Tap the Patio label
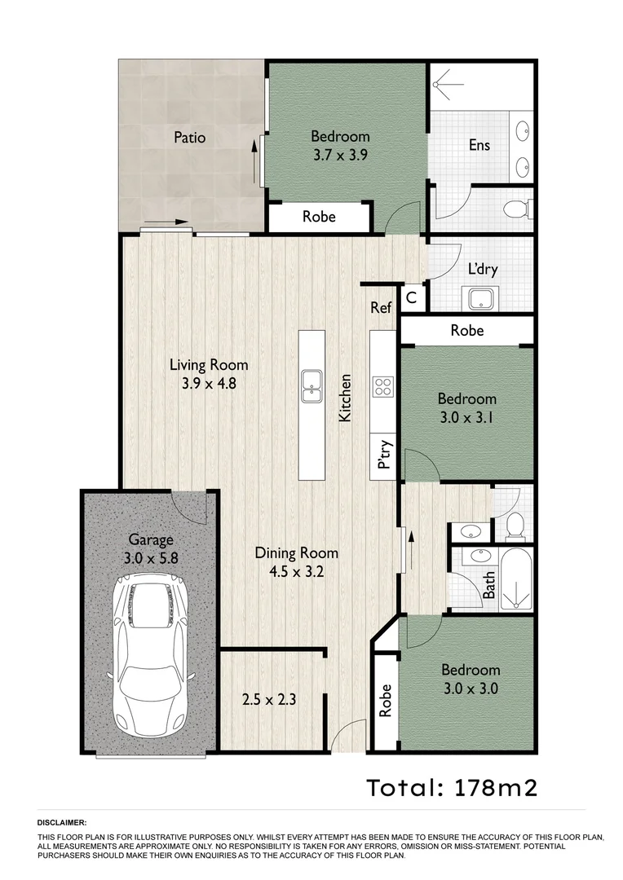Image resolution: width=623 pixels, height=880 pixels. point(189,137)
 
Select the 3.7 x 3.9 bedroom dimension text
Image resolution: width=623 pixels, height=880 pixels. point(340,155)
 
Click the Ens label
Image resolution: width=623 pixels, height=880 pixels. point(479,145)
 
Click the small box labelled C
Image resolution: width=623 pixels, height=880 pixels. point(412,298)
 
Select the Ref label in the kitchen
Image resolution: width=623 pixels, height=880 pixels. point(381,308)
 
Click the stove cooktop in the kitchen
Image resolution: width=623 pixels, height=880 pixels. point(382,386)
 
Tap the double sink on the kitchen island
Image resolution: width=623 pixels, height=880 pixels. point(311,385)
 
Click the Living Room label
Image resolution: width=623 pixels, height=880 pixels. point(209,365)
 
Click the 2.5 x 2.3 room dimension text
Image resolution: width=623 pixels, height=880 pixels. point(268,699)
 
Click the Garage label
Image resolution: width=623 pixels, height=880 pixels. point(151,539)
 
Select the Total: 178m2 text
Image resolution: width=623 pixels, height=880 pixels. point(451,788)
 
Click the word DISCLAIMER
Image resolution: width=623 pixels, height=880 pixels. point(62,824)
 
